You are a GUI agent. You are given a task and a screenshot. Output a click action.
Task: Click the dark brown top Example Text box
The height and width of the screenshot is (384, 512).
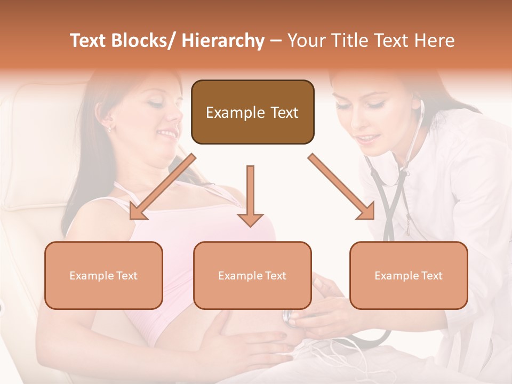252,112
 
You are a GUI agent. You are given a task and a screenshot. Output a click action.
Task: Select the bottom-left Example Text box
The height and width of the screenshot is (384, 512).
103,275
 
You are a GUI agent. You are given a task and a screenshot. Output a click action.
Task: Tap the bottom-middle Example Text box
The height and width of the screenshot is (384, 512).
252,275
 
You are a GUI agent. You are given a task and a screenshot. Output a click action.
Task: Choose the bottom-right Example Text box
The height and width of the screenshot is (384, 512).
409,275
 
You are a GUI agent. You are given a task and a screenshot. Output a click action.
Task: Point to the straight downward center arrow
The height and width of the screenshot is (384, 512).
250,195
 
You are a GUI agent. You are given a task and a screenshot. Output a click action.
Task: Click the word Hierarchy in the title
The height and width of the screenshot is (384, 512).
223,41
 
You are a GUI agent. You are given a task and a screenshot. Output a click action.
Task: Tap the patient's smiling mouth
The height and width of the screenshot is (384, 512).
169,133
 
